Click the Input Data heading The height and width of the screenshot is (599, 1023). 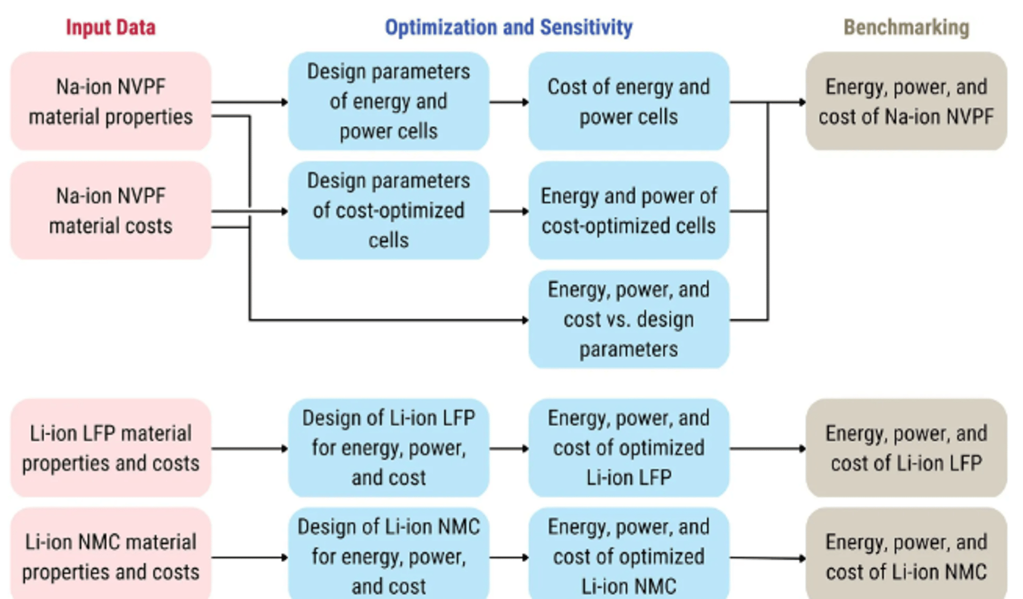[x=110, y=27]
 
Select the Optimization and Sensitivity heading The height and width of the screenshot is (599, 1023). [x=508, y=27]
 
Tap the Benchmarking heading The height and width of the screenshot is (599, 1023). [x=906, y=27]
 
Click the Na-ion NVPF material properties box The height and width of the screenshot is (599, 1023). [x=111, y=101]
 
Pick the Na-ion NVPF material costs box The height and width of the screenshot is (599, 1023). [x=111, y=211]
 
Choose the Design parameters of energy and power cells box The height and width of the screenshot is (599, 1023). [x=388, y=101]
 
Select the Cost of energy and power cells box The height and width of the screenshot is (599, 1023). [x=629, y=101]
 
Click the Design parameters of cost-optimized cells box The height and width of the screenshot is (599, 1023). [x=388, y=211]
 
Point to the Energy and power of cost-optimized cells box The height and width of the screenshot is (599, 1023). [x=629, y=211]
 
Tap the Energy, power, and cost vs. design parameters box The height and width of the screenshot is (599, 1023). [x=629, y=319]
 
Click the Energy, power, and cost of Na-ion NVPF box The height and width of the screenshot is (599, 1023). [x=906, y=101]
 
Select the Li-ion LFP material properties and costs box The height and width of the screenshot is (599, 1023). [x=111, y=448]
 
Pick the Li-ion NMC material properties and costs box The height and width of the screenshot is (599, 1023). [x=111, y=557]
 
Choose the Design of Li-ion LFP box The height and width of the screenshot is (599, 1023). [x=388, y=448]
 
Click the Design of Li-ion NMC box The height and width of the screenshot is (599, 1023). [x=388, y=557]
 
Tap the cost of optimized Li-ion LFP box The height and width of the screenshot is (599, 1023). [x=629, y=448]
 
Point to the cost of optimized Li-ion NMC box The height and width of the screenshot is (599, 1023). [x=629, y=557]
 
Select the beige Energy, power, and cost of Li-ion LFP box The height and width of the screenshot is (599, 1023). [x=906, y=448]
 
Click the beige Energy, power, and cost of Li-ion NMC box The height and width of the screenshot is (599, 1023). [x=906, y=557]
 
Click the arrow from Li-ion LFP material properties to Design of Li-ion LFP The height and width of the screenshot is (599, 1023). [x=249, y=449]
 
